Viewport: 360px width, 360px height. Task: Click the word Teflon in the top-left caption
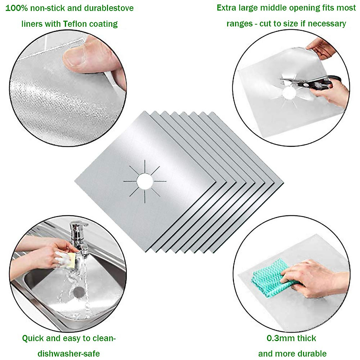(76, 24)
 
